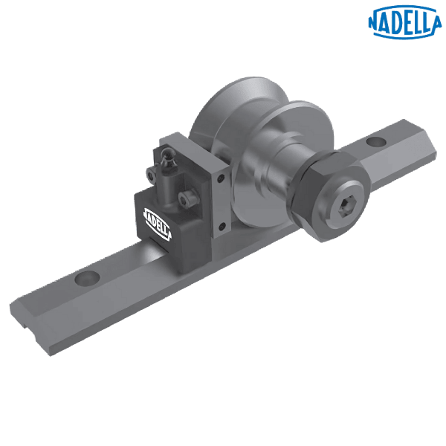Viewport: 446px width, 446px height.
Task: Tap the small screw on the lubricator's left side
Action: click(154, 175)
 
